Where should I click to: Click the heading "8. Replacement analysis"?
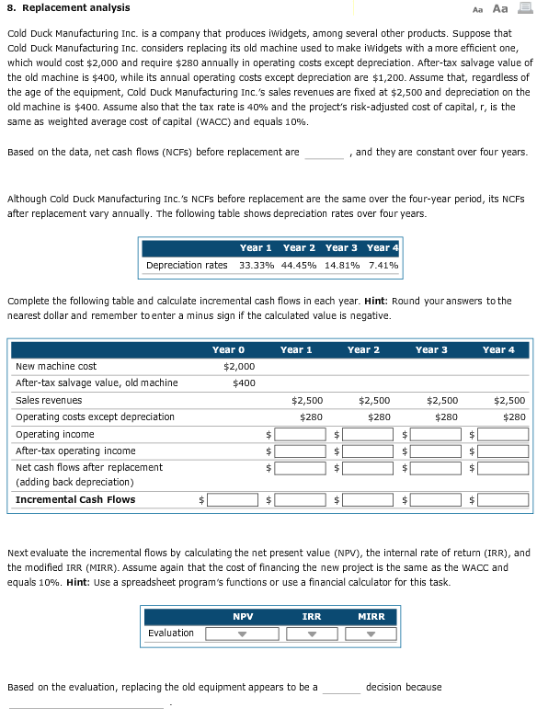click(x=68, y=8)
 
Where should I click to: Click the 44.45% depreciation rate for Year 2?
click(x=300, y=266)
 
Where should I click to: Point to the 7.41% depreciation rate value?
click(x=382, y=266)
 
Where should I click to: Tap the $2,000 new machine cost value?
click(x=239, y=366)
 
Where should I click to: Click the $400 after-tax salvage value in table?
click(x=245, y=382)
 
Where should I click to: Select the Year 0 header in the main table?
click(x=228, y=349)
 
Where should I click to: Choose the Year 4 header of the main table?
click(x=499, y=349)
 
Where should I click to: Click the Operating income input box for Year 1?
click(x=301, y=434)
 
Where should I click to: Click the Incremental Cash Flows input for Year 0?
click(x=232, y=500)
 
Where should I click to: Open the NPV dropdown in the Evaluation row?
click(x=231, y=633)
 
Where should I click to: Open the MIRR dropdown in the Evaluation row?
click(x=371, y=633)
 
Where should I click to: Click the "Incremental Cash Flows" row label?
click(x=75, y=500)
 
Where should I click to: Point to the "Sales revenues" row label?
click(x=49, y=400)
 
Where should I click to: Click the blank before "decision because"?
click(x=341, y=688)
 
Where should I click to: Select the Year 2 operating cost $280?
click(x=378, y=417)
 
